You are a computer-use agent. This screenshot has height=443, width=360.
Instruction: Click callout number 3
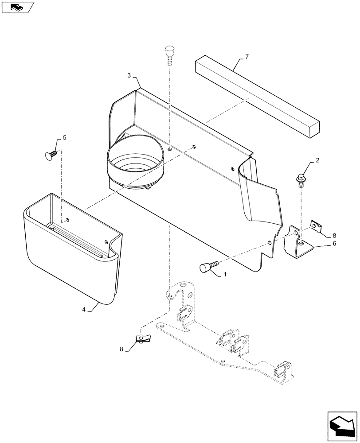point(129,76)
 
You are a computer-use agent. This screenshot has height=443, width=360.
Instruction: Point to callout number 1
point(225,275)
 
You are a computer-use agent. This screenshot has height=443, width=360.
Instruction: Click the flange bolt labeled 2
point(301,179)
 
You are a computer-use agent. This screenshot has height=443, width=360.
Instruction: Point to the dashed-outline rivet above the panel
point(169,54)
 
